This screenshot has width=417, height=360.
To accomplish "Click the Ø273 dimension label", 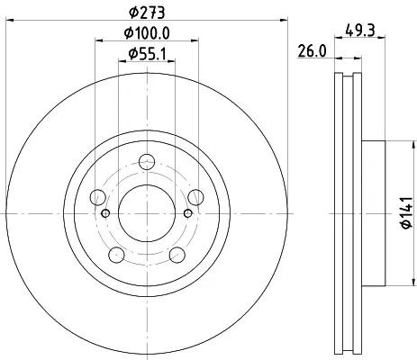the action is (147, 13).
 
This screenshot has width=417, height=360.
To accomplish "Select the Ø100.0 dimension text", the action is (147, 33).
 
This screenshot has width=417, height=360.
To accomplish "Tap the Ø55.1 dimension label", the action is (147, 54).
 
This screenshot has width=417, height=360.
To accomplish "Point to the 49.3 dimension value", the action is (360, 31).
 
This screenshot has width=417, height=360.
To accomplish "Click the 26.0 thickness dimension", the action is (312, 51).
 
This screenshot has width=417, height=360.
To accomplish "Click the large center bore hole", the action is (147, 213).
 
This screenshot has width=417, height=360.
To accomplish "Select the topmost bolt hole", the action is (147, 162).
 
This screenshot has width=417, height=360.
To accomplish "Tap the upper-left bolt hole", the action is (97, 197).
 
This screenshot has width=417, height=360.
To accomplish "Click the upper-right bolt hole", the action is (195, 197).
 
